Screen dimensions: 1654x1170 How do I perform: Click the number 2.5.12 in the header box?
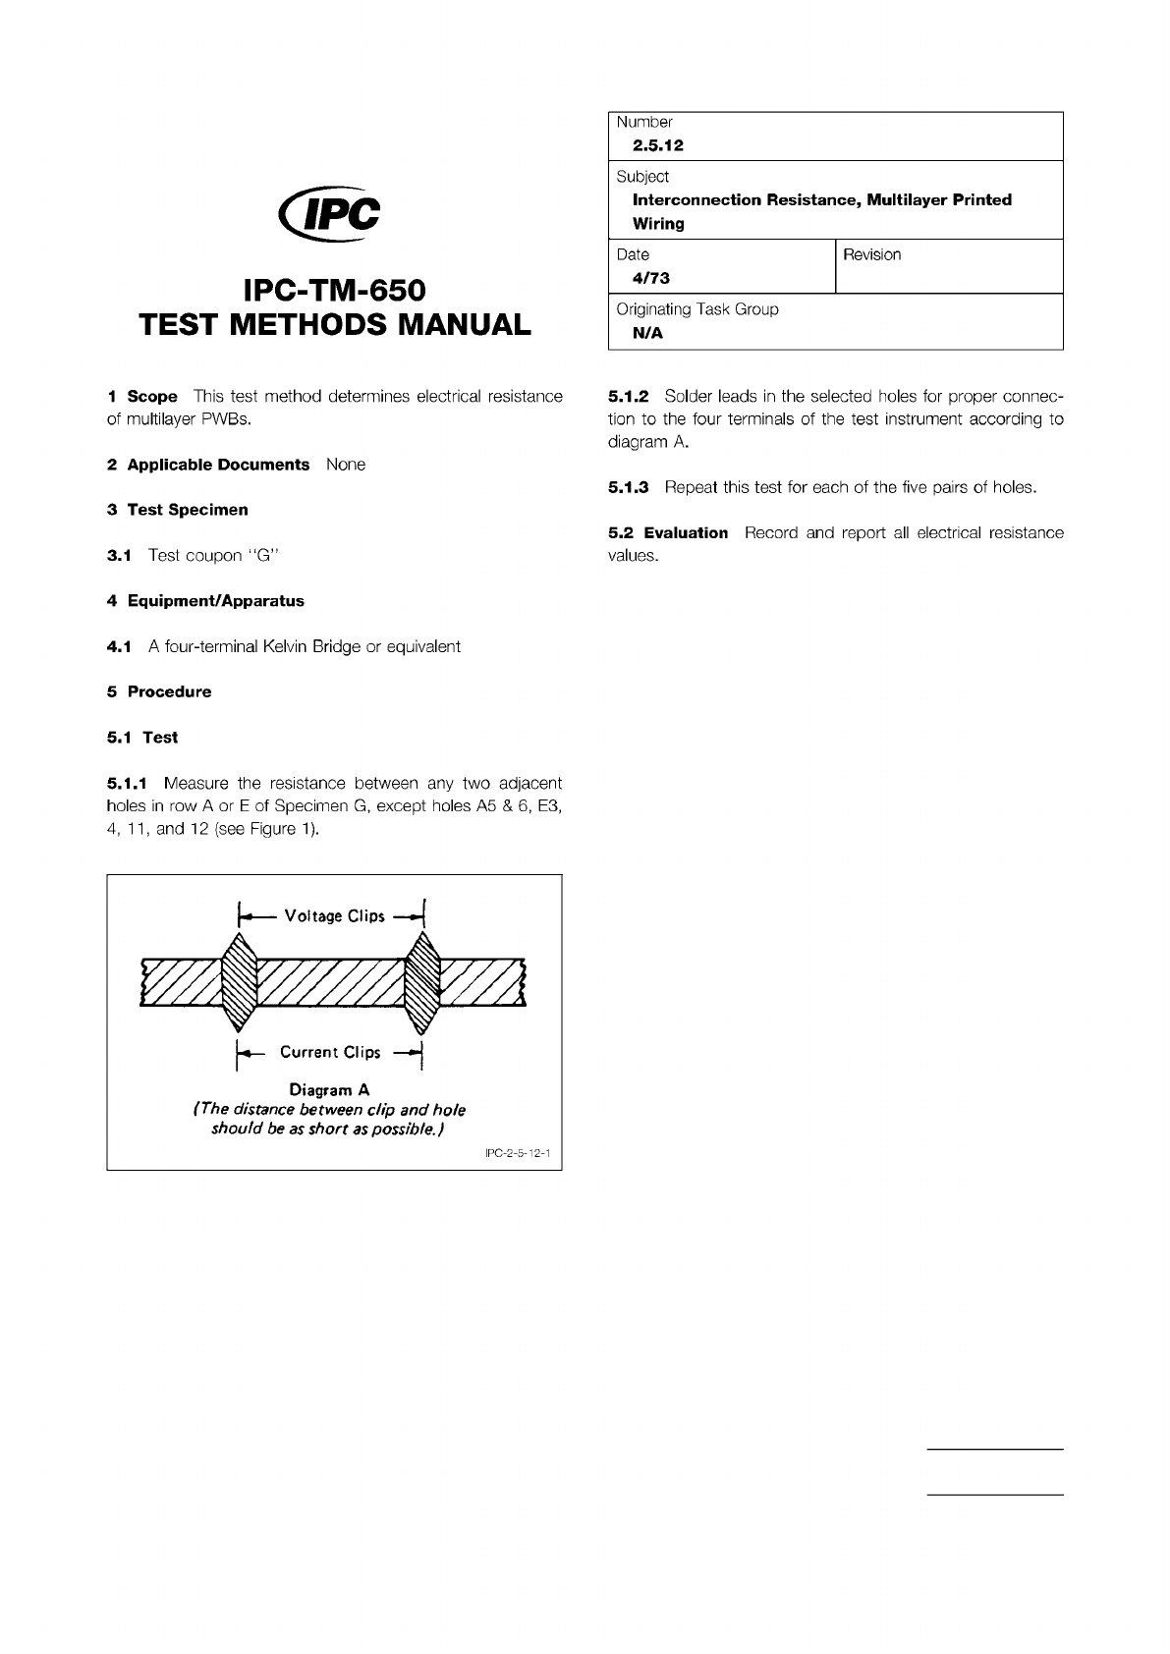(658, 145)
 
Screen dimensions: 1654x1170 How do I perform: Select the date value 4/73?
(651, 278)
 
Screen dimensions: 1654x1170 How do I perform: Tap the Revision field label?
(871, 255)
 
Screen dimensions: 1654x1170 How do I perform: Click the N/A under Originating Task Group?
(648, 333)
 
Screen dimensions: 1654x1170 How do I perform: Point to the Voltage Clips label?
(334, 916)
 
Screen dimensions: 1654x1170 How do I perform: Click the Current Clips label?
(330, 1052)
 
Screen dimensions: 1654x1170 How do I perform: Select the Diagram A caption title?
(329, 1090)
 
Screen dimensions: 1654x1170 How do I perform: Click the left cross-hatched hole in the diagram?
(239, 983)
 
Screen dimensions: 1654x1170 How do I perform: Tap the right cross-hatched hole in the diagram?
(423, 983)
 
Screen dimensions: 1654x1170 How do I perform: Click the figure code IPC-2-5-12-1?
(519, 1155)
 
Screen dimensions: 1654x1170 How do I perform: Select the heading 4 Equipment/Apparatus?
(205, 601)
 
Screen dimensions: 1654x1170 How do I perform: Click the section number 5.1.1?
(127, 784)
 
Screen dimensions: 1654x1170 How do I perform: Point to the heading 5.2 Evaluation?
(668, 533)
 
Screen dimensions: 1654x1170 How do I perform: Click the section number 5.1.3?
(629, 487)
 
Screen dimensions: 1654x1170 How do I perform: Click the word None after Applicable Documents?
(346, 465)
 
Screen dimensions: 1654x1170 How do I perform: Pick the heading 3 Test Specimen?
(178, 510)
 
